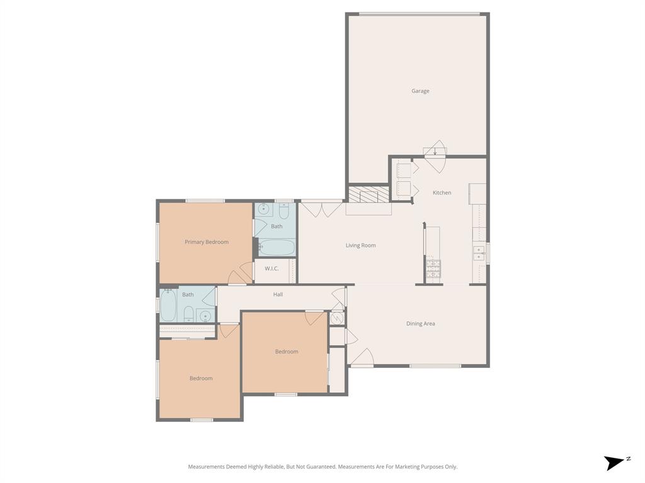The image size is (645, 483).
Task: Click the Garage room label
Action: click(x=420, y=91)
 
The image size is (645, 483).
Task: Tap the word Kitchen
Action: click(x=442, y=192)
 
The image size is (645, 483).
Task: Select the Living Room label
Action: click(x=360, y=245)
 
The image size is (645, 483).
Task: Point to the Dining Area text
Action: click(x=420, y=324)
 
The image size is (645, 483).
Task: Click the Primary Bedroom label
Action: click(x=207, y=242)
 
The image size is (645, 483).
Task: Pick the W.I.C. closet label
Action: click(x=271, y=269)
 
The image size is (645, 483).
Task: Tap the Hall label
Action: click(x=278, y=294)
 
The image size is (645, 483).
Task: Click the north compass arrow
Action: click(x=615, y=463)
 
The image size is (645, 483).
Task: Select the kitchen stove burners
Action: click(x=433, y=269)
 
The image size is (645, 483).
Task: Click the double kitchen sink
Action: click(x=479, y=253)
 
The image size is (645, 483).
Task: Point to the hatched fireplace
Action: click(x=369, y=194)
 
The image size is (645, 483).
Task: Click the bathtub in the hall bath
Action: click(x=168, y=306)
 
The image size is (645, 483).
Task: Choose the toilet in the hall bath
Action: click(x=188, y=313)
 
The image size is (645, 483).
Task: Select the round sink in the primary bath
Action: click(x=263, y=209)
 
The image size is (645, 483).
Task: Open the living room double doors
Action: click(x=322, y=208)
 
